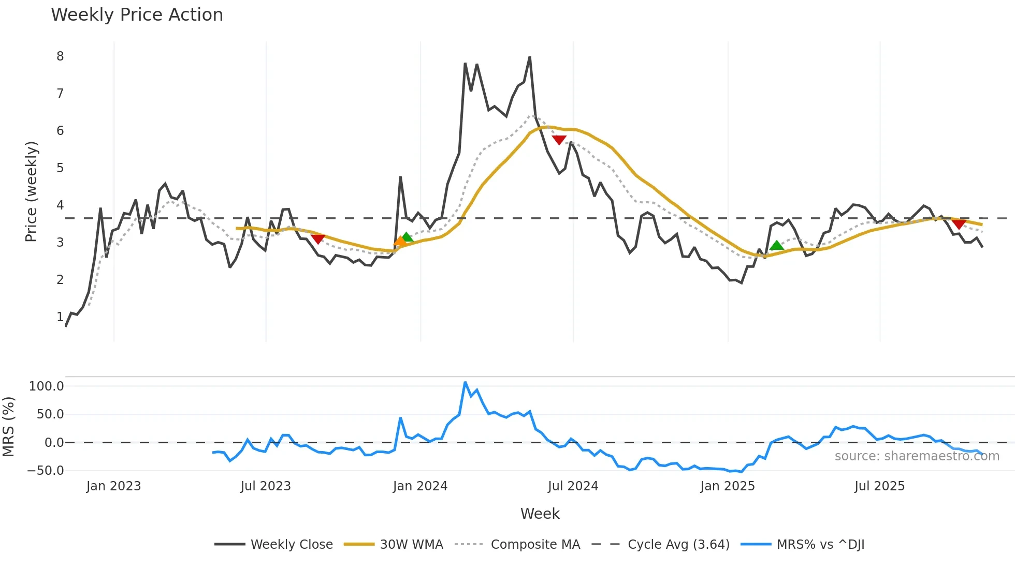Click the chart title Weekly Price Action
pos(137,15)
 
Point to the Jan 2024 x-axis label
pos(420,486)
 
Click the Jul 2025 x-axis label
pos(879,486)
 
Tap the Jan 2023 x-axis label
pos(113,486)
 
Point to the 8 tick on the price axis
pos(60,56)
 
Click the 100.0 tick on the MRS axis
pos(47,386)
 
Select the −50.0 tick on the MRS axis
pos(46,471)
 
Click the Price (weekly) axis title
pos(31,191)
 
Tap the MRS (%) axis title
pos(9,427)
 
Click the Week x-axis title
pos(540,514)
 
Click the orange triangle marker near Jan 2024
pos(400,241)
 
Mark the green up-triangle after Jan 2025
pos(776,246)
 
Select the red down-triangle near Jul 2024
pos(559,140)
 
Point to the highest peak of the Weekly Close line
pos(530,57)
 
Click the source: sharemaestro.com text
pos(917,456)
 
